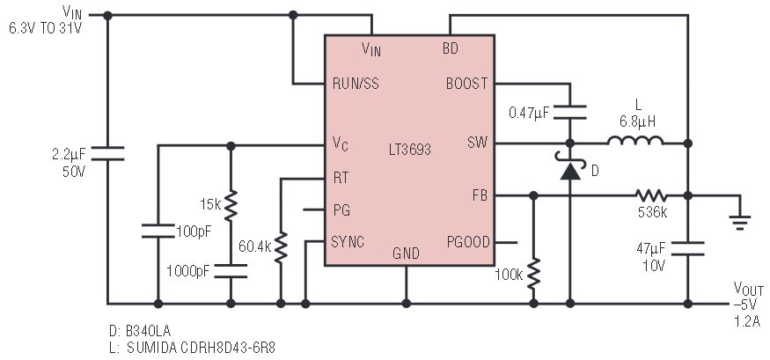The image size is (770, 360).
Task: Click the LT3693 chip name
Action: coord(409,149)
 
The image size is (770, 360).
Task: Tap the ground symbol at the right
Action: coord(739,222)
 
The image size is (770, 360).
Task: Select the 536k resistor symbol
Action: coord(651,196)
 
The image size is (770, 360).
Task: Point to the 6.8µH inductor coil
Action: coord(635,141)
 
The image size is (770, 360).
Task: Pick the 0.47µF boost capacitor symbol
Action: coord(569,112)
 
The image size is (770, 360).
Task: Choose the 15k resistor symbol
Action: coord(231,205)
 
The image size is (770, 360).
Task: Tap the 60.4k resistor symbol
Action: coord(281,248)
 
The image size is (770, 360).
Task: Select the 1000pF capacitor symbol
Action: coord(231,271)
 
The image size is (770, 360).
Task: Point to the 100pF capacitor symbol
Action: coord(158,231)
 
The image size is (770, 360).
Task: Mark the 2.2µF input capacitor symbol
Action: coord(107,153)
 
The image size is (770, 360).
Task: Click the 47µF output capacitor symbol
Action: coord(687,248)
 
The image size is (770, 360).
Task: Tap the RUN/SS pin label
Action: coord(356,84)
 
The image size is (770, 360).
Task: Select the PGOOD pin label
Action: coord(468,242)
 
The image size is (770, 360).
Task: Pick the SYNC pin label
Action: coord(348,242)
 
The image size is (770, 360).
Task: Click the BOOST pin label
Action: coord(467,84)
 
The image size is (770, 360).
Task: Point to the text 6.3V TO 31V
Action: coord(45,28)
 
